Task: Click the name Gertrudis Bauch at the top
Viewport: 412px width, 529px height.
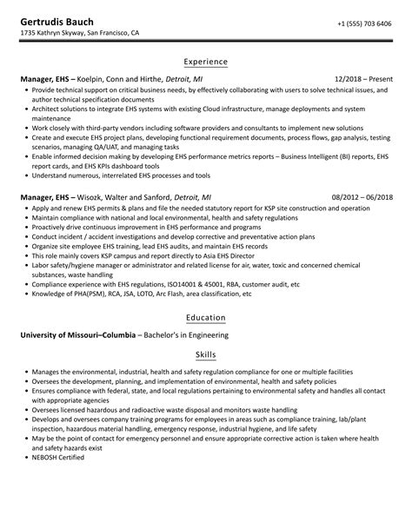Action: tap(58, 19)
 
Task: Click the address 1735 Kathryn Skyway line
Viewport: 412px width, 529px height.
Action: tap(79, 33)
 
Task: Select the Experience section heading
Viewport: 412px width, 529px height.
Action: tap(205, 62)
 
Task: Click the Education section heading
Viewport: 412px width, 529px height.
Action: tap(205, 318)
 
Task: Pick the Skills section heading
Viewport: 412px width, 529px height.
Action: tap(205, 355)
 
